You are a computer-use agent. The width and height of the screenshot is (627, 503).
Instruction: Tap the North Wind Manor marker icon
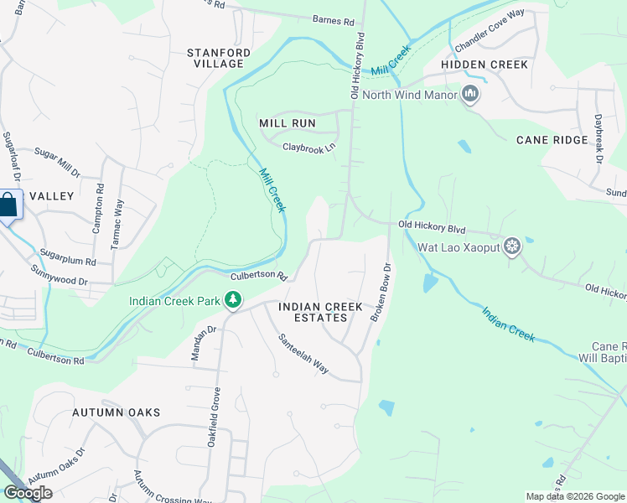[470, 94]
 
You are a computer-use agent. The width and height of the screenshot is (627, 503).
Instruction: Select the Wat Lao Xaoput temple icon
[512, 246]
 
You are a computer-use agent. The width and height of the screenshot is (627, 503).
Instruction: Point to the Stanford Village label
[219, 58]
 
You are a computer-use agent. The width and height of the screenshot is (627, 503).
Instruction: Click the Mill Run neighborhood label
[287, 123]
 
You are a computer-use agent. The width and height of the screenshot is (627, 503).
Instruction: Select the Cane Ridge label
[552, 140]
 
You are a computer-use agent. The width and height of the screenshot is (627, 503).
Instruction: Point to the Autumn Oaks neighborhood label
[116, 412]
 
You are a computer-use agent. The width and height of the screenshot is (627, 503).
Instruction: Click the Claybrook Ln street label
[308, 147]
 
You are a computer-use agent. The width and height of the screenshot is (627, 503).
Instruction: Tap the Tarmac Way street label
[118, 225]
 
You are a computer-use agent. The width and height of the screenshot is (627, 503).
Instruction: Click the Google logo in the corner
[28, 493]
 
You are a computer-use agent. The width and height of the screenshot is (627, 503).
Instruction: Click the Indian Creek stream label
[508, 324]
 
